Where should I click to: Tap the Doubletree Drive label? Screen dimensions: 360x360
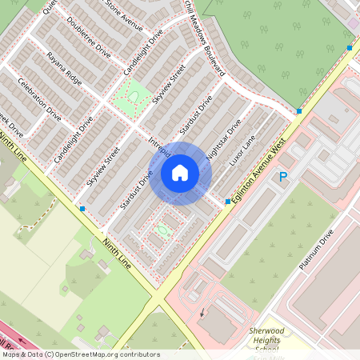coord(89,37)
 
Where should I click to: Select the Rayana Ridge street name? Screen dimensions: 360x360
coord(64,69)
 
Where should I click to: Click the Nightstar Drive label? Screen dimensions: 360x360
coord(223,140)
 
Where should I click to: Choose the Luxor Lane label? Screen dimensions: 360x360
coord(242,150)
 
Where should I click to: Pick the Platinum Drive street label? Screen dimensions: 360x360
coord(315,249)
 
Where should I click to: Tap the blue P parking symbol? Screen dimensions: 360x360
coord(282,178)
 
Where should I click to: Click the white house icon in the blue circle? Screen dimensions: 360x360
coord(180,173)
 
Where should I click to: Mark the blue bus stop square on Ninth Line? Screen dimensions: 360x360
coord(82,209)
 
